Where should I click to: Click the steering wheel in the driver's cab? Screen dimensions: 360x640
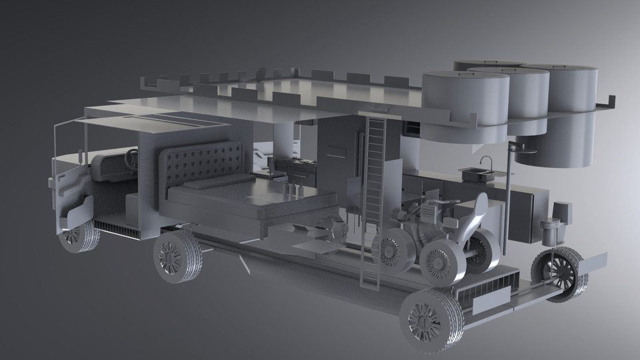(132, 159)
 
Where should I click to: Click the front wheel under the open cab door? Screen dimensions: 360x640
(78, 235)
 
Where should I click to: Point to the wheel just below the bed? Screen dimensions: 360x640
(177, 256)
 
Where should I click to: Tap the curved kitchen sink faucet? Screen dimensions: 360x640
(487, 162)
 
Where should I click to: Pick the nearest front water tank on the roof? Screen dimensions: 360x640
(465, 100)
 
